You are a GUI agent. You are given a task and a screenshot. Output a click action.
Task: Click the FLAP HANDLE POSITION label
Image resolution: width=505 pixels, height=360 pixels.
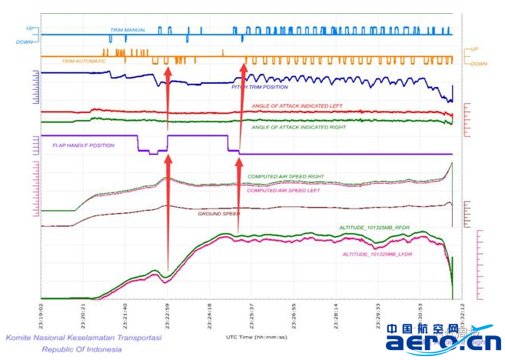click(x=83, y=145)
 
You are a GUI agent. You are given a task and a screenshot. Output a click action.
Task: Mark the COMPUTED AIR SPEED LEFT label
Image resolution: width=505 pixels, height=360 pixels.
click(x=283, y=190)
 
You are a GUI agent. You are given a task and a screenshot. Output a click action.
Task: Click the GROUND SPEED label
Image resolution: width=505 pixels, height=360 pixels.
click(x=219, y=213)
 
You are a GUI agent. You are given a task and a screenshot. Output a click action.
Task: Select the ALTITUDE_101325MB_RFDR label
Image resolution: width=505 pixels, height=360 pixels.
click(x=374, y=228)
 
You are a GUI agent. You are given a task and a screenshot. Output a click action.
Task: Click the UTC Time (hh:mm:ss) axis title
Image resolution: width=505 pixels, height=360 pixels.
click(x=255, y=337)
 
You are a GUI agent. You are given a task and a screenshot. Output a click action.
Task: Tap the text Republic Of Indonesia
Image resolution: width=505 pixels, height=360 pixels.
click(x=81, y=349)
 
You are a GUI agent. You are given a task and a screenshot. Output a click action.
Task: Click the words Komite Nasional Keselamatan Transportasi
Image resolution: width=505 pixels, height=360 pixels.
click(x=82, y=337)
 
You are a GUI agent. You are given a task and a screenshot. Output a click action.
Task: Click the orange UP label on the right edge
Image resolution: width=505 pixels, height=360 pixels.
click(x=474, y=49)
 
